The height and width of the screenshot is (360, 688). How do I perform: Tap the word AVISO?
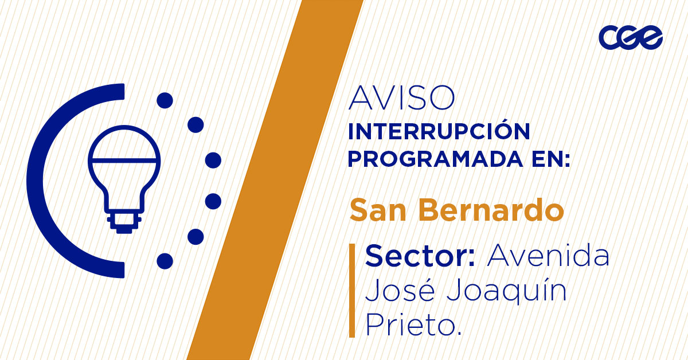401,99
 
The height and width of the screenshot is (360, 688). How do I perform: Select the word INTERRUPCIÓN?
439,132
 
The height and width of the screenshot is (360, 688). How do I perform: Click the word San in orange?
378,210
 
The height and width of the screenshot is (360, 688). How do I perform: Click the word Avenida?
548,256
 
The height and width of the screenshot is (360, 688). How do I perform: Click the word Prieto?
413,326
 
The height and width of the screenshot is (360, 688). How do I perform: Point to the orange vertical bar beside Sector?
351,290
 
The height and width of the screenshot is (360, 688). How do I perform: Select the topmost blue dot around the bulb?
165,101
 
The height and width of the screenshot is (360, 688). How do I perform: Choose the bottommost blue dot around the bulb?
165,261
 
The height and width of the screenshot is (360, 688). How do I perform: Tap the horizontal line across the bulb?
124,159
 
